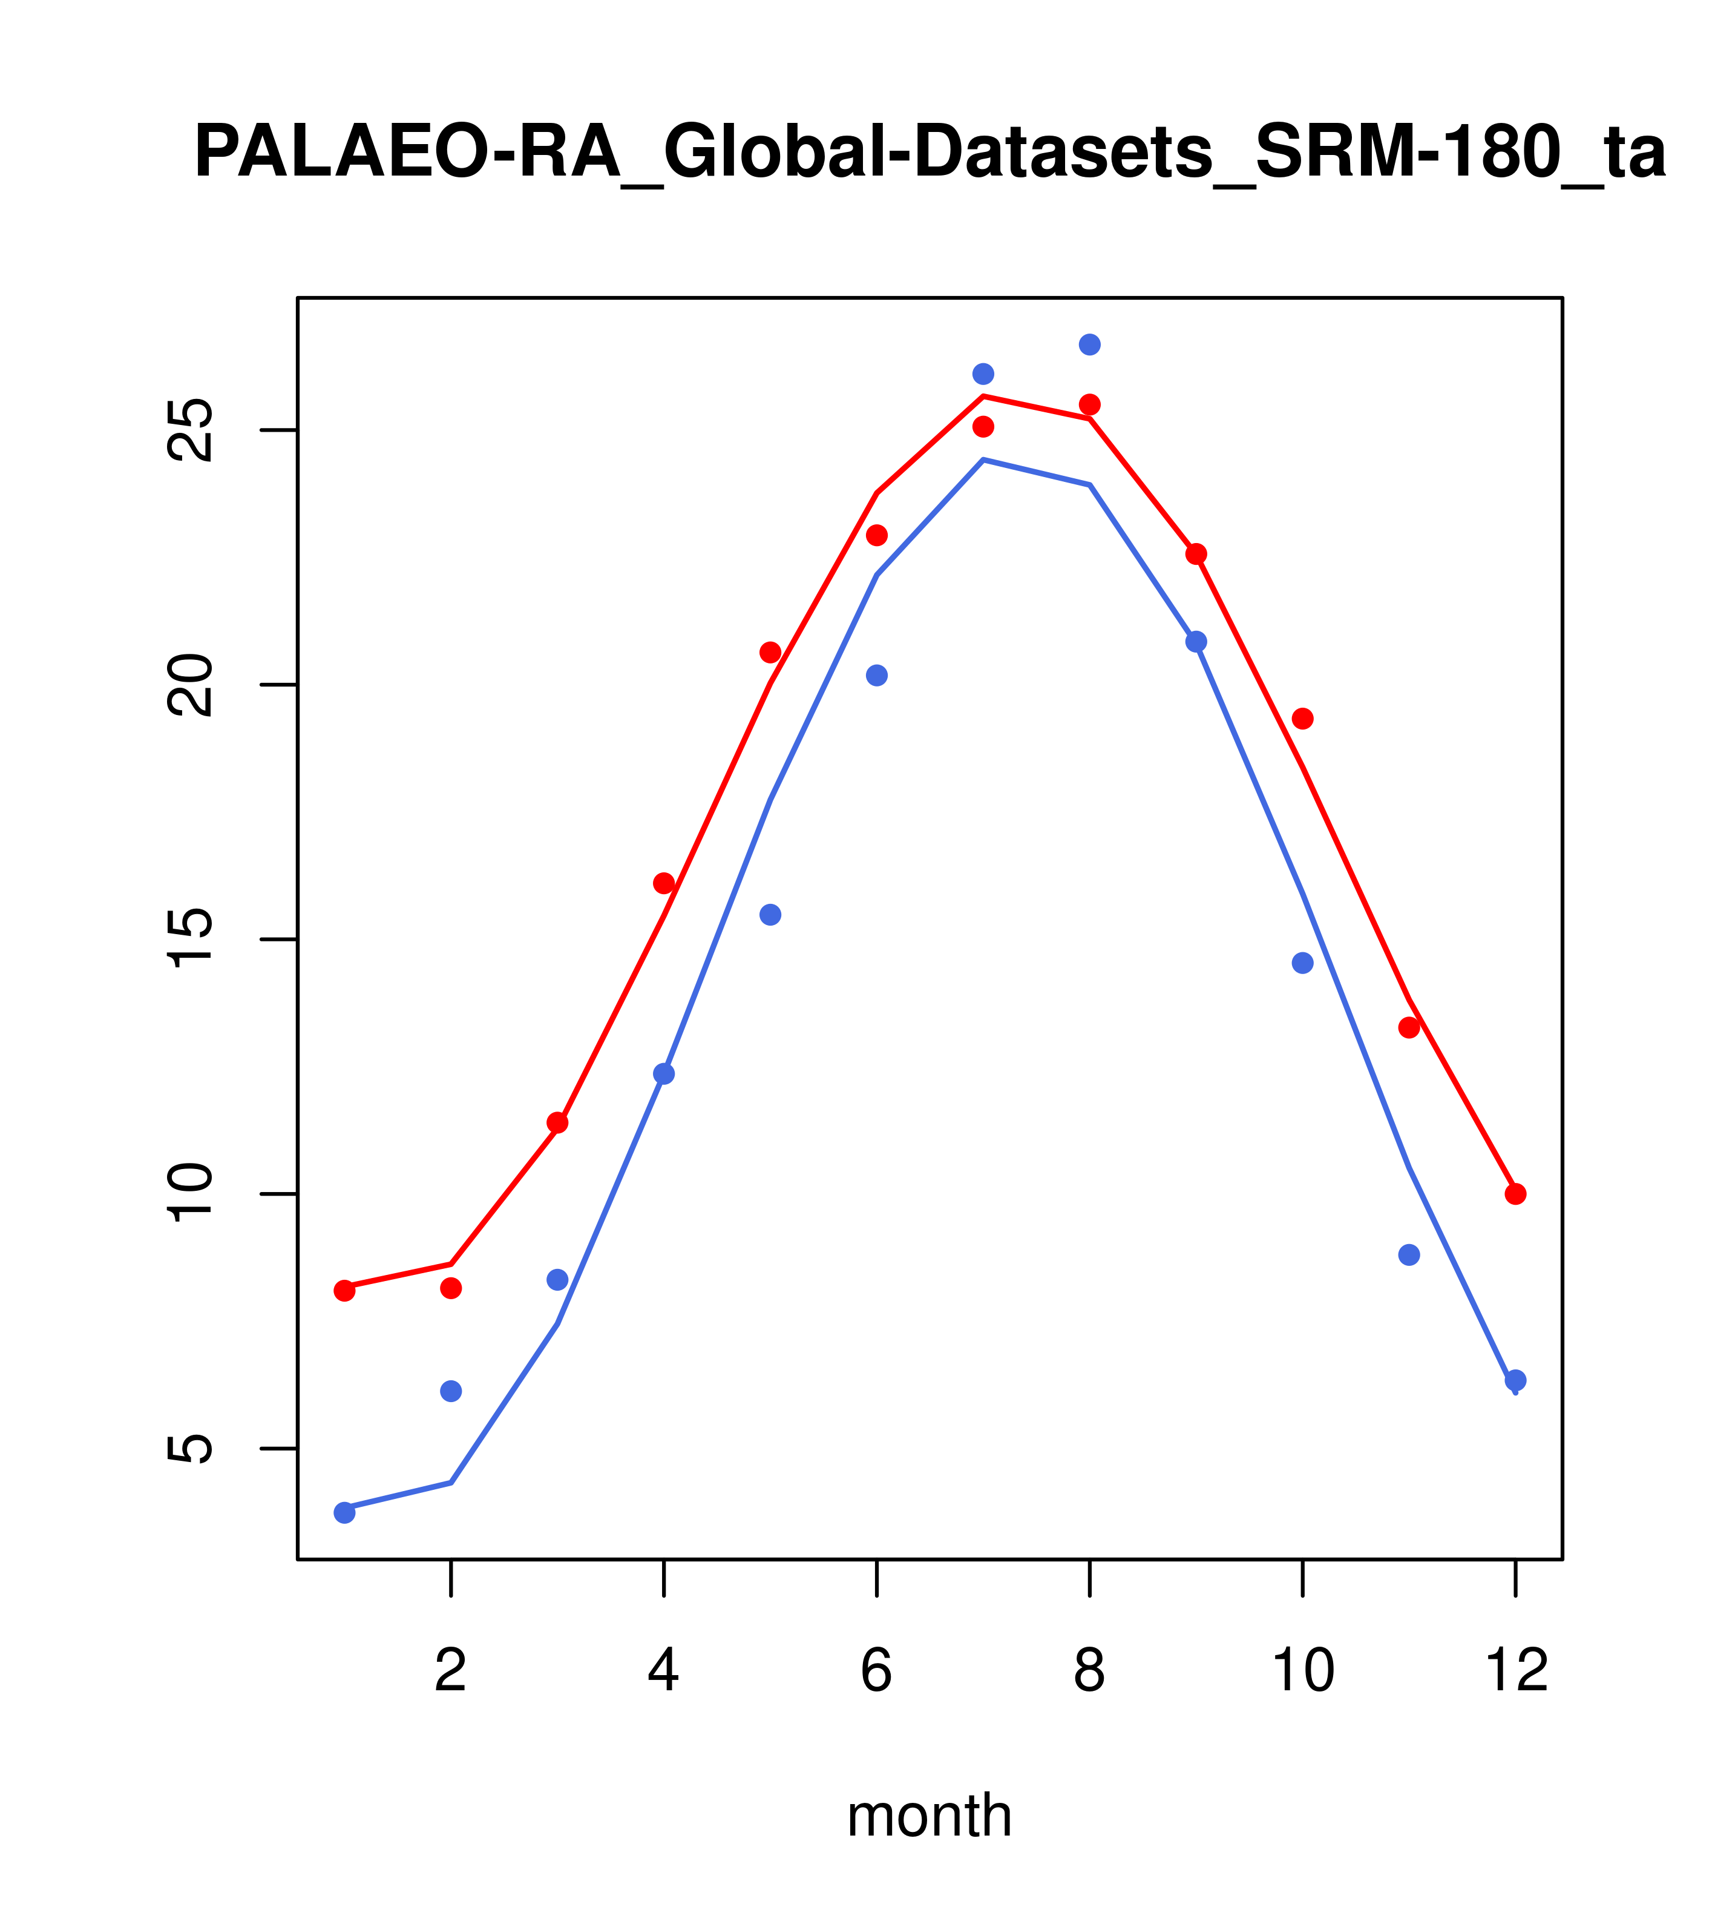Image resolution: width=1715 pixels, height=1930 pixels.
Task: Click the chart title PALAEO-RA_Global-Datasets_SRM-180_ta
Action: pos(930,153)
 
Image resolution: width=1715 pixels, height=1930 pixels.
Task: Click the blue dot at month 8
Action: pos(1089,344)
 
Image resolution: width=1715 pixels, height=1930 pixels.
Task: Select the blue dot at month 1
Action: pos(344,1513)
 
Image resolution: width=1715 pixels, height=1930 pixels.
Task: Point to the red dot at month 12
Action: pos(1516,1194)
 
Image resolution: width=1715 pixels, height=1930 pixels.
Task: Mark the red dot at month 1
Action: pos(344,1291)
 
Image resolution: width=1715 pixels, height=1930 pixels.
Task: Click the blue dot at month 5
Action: pos(770,915)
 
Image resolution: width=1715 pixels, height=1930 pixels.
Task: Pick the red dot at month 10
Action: pos(1302,719)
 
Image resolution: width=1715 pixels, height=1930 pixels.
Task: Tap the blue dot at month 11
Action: pos(1409,1255)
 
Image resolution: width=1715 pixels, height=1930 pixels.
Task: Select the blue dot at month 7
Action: pos(983,374)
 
